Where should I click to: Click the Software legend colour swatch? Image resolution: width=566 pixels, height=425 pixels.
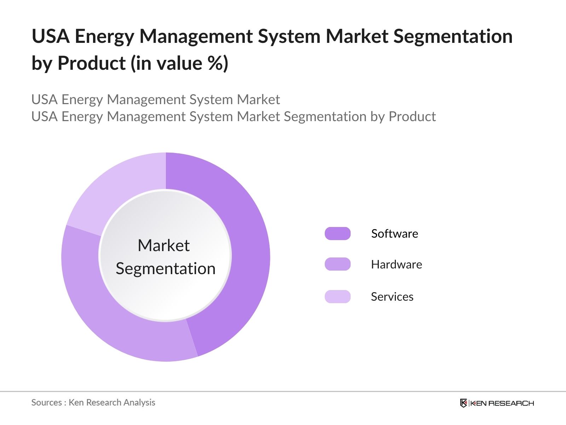337,234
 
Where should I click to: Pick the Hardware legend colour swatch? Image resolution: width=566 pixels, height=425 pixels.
337,264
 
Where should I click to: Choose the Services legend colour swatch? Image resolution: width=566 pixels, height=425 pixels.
337,296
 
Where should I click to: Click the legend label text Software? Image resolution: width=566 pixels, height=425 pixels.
394,234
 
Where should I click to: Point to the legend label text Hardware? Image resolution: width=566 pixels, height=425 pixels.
396,265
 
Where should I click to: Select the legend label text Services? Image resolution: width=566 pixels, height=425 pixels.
392,297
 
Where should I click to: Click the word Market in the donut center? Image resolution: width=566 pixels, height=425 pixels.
163,245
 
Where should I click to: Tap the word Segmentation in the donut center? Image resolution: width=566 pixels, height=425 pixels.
166,268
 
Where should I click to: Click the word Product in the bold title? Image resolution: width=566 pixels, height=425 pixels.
91,63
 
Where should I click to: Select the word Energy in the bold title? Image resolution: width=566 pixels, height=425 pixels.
104,37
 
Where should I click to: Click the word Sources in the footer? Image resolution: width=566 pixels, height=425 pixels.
46,403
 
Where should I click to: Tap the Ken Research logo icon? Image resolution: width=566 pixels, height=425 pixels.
463,403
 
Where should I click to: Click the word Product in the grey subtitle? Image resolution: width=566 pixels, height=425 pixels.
412,117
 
